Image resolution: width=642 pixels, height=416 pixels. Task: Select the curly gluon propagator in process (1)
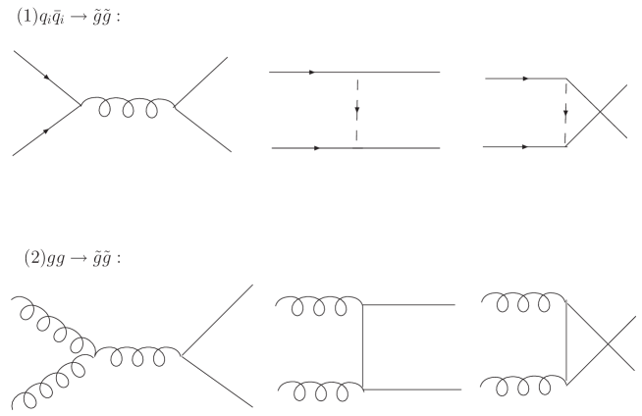tap(128, 105)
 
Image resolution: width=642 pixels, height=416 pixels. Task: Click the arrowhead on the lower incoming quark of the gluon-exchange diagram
tap(44, 130)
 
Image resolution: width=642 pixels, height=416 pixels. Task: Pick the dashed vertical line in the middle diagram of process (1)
tap(358, 109)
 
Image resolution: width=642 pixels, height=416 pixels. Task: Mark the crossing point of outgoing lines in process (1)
tap(601, 111)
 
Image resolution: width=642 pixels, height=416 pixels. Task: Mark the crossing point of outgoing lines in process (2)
tap(601, 341)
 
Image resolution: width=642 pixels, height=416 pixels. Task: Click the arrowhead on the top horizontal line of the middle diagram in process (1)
tap(311, 73)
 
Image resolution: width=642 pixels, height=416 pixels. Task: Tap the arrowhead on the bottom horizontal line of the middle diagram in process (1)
tap(316, 148)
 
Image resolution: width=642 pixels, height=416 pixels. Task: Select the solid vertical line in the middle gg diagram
tap(363, 347)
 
